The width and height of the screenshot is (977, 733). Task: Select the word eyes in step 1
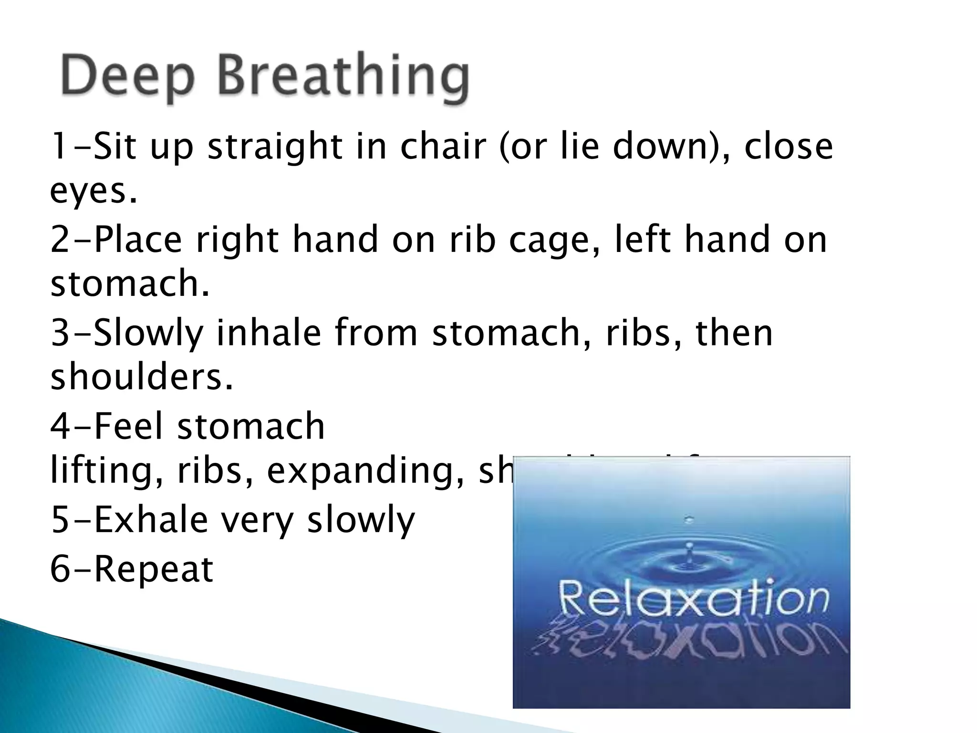[89, 192]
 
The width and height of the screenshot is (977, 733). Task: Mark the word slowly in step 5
[361, 520]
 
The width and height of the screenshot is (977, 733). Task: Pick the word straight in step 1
[274, 147]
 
